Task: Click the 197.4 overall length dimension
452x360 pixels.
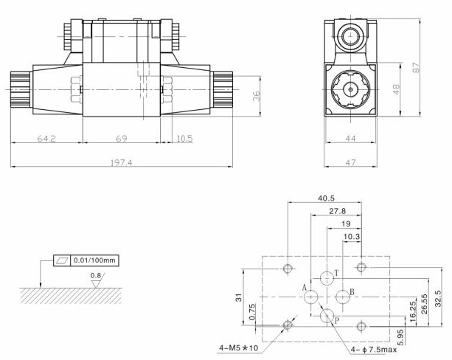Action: click(x=119, y=162)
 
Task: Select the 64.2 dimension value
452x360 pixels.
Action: click(x=46, y=139)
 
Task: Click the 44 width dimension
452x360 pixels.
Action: click(x=350, y=139)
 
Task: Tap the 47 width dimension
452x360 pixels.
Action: click(x=350, y=162)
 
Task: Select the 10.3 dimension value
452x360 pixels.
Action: click(x=353, y=236)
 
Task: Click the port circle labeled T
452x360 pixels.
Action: click(x=327, y=277)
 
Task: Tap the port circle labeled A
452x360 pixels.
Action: click(x=310, y=296)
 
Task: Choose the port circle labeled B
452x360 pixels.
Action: click(x=342, y=296)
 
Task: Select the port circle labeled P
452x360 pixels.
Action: click(x=327, y=316)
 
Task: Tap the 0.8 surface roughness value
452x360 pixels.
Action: click(x=94, y=277)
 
